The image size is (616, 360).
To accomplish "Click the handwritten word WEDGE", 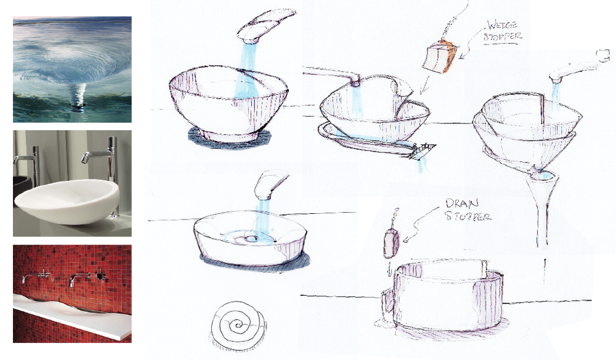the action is (503, 25).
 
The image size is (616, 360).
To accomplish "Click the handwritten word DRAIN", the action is (462, 203).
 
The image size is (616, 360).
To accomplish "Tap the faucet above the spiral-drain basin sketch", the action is (270, 186).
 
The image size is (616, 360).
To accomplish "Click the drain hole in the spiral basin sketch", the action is (249, 238).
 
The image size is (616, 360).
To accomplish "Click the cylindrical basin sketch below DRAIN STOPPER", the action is (442, 294).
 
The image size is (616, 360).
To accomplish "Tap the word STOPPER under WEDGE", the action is (503, 37).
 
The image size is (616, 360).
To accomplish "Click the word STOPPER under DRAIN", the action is (468, 216).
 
